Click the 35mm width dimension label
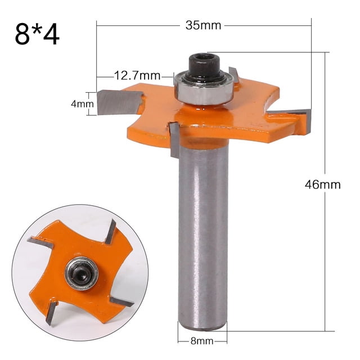click(x=203, y=25)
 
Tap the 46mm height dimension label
click(x=322, y=184)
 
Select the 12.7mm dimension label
click(x=137, y=75)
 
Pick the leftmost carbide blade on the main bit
click(x=118, y=102)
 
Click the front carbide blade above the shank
click(x=175, y=138)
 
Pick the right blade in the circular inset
click(x=121, y=302)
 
